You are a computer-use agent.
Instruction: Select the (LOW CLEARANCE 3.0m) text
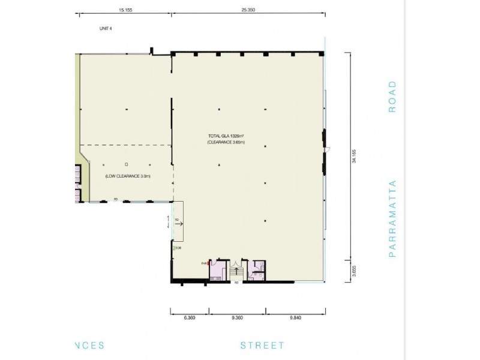pyautogui.click(x=127, y=176)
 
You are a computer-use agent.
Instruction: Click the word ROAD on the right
pyautogui.click(x=392, y=97)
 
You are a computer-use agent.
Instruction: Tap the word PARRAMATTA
pyautogui.click(x=392, y=218)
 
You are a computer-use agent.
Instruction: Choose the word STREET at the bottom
pyautogui.click(x=262, y=346)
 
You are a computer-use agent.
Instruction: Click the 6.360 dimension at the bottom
pyautogui.click(x=188, y=319)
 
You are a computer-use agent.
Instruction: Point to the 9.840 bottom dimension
pyautogui.click(x=295, y=319)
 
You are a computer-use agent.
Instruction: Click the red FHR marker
pyautogui.click(x=208, y=263)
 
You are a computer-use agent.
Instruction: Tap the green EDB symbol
pyautogui.click(x=174, y=248)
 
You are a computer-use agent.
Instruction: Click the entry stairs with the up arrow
pyautogui.click(x=236, y=272)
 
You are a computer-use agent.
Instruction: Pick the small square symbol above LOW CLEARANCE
pyautogui.click(x=127, y=164)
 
